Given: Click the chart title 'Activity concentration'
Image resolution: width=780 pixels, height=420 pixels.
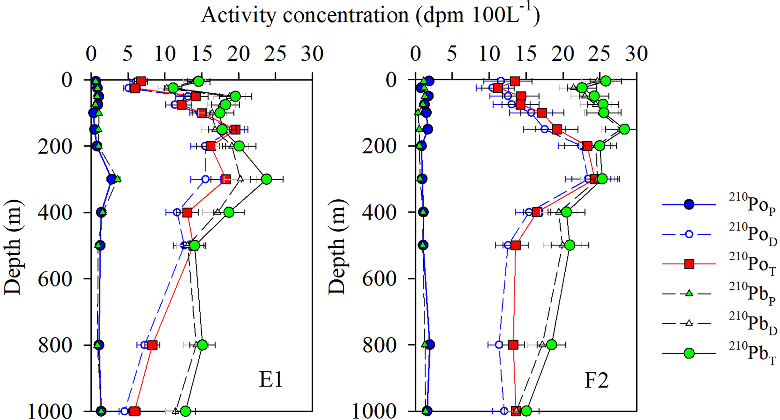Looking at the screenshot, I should (370, 15).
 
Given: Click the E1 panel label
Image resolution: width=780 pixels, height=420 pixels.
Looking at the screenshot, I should (271, 380).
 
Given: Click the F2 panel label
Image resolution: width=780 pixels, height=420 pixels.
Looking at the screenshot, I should (596, 380).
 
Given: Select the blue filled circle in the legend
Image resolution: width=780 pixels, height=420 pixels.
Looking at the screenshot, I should (689, 204).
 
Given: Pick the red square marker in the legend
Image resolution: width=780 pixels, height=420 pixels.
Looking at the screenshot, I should (689, 264).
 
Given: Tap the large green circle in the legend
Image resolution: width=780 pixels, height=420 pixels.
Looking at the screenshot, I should (689, 354).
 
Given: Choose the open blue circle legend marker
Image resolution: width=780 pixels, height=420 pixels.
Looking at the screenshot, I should (689, 234).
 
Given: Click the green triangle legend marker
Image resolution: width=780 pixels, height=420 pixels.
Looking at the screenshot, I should (689, 293).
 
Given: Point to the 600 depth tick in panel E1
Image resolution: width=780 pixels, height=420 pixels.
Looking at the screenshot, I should (55, 279).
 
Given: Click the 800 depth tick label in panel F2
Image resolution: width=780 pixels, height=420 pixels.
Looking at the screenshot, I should (379, 345).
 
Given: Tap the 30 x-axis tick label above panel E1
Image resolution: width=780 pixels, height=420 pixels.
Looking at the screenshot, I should (312, 54).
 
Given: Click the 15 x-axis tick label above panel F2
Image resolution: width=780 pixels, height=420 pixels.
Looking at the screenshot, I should (526, 54).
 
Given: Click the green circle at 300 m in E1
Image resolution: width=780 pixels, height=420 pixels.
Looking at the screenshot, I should (266, 179).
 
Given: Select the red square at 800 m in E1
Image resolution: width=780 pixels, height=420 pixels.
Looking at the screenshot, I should (152, 345).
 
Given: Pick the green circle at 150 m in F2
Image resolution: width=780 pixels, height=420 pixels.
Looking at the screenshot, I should (624, 129).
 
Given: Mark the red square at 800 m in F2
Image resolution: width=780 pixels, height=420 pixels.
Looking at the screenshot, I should (513, 345).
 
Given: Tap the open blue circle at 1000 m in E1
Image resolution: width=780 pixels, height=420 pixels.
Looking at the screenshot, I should (124, 411).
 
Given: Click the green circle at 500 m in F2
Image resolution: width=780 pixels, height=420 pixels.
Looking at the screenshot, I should (570, 245).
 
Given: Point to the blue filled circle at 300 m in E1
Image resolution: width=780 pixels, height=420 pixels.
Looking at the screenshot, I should (111, 179).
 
